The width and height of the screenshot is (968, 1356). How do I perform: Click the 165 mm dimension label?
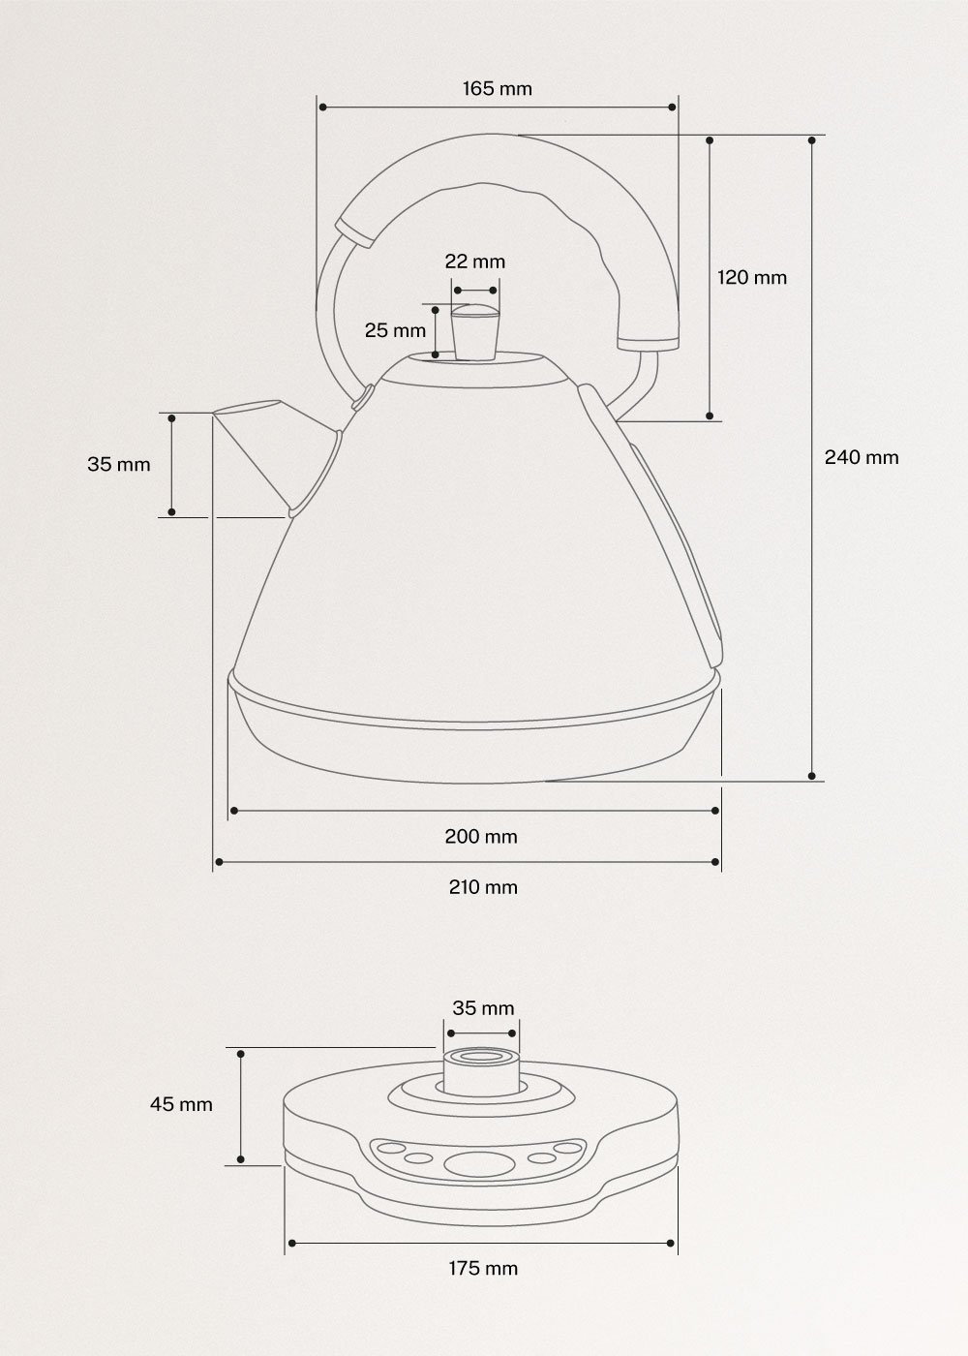[x=497, y=89]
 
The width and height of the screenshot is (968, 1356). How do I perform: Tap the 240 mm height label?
[x=861, y=457]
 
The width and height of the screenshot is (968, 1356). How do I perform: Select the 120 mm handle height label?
[x=751, y=278]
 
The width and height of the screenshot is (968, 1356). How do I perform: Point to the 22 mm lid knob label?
[x=474, y=262]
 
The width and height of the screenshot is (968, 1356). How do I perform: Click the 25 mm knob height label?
[x=395, y=330]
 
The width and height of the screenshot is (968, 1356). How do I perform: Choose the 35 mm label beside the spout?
[x=119, y=464]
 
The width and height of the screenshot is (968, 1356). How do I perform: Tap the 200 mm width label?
[x=481, y=836]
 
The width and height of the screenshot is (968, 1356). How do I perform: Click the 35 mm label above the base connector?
[x=483, y=1008]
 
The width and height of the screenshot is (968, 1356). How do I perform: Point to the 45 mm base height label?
[x=181, y=1104]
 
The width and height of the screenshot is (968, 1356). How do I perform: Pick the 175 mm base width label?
[x=482, y=1268]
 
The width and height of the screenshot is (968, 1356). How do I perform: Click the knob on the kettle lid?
[x=474, y=330]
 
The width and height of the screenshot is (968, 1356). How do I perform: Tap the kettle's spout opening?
[x=246, y=408]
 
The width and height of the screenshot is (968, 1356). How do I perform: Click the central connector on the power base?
[x=480, y=1068]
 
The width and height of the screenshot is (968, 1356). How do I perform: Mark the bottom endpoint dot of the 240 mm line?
[x=811, y=775]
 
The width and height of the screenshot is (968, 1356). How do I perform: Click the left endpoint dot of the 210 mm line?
[x=219, y=860]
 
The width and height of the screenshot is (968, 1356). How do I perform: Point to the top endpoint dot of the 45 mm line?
[x=241, y=1053]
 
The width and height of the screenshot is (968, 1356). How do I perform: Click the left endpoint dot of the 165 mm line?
[x=321, y=108]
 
